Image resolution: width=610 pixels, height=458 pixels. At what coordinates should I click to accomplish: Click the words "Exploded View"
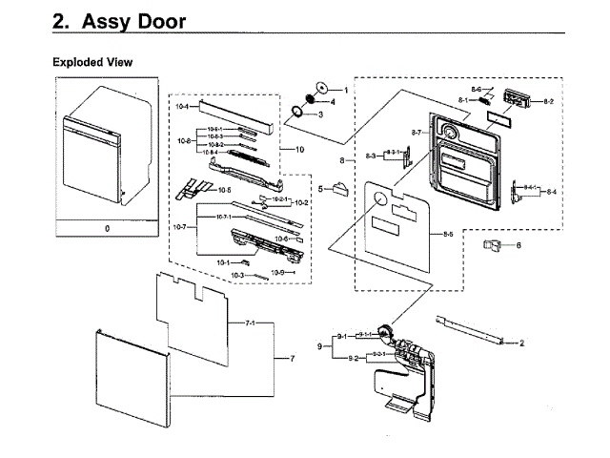[92, 62]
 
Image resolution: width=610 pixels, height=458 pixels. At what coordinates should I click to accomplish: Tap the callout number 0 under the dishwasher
[108, 229]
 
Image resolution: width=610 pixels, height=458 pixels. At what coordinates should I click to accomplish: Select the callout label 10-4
[181, 108]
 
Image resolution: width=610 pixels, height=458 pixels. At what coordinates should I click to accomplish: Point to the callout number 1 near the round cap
[346, 89]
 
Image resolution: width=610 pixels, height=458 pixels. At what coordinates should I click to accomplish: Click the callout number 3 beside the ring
[320, 114]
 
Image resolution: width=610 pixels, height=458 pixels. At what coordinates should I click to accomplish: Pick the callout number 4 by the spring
[333, 101]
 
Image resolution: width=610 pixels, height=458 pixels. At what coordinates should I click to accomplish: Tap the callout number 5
[321, 189]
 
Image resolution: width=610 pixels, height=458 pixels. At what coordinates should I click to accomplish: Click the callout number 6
[518, 245]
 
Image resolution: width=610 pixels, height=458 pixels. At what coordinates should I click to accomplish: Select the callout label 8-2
[549, 100]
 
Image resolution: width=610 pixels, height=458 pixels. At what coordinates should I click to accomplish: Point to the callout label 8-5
[448, 234]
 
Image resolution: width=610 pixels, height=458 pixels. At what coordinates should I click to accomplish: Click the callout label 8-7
[417, 131]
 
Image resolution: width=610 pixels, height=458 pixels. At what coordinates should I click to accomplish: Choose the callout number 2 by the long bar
[522, 342]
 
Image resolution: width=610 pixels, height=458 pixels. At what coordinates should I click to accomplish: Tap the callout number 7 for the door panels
[293, 359]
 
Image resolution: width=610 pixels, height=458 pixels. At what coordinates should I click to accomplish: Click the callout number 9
[321, 346]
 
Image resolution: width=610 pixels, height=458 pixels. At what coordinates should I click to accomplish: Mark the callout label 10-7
[179, 227]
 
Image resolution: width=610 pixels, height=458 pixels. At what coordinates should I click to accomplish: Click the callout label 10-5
[225, 190]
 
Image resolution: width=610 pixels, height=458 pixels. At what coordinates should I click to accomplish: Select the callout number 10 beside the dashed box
[299, 150]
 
